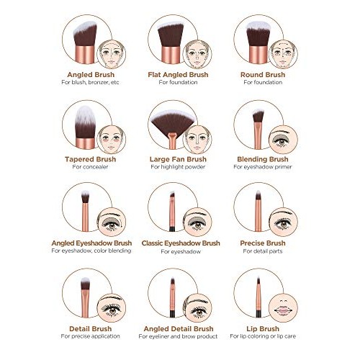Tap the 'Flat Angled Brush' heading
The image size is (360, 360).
pos(178,74)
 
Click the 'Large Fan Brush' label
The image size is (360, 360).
pos(178,159)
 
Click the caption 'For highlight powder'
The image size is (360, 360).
pos(178,167)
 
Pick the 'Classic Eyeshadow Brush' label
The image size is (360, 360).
pos(178,243)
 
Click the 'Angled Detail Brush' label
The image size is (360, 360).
pos(178,328)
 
